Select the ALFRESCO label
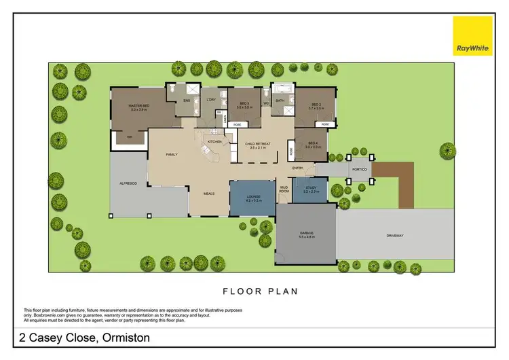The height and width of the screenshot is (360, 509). pyautogui.click(x=128, y=183)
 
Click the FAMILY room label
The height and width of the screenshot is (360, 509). pyautogui.click(x=172, y=155)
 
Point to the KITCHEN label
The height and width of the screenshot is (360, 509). pyautogui.click(x=215, y=141)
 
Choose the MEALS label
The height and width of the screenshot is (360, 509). pyautogui.click(x=210, y=193)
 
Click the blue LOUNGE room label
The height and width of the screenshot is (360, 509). pyautogui.click(x=252, y=197)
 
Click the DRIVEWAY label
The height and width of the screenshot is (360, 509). pyautogui.click(x=395, y=235)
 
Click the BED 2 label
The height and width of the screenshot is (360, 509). pyautogui.click(x=314, y=105)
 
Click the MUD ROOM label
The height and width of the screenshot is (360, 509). pyautogui.click(x=285, y=190)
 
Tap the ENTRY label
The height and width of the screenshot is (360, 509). pyautogui.click(x=297, y=168)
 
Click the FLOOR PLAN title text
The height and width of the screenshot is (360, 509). pyautogui.click(x=261, y=291)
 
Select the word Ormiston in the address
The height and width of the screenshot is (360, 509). pyautogui.click(x=126, y=337)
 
